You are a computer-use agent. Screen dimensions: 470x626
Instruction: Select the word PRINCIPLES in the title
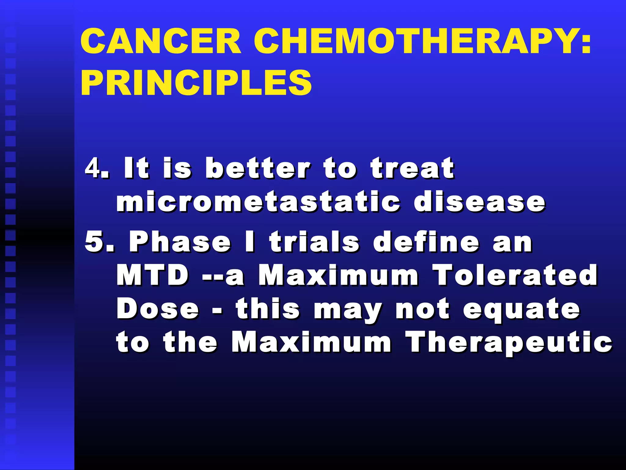(196, 83)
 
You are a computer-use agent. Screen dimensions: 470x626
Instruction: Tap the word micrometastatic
(258, 202)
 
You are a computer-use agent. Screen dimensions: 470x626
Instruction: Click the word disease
(480, 202)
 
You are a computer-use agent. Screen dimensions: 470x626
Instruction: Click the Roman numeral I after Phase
(250, 242)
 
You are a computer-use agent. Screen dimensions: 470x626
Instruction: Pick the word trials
(315, 242)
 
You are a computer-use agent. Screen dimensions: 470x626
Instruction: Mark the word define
(426, 242)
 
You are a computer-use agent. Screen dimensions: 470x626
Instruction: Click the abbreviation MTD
(153, 275)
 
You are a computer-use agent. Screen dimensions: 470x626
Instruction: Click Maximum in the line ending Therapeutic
(311, 342)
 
